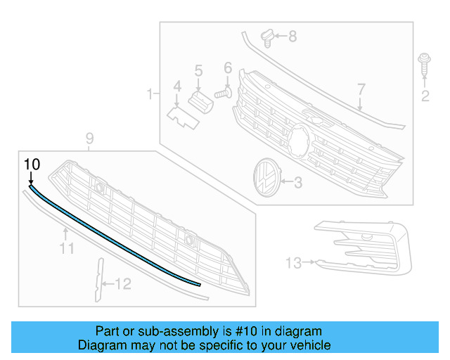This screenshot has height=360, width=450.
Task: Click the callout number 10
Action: (32, 164)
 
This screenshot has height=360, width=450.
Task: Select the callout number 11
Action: (66, 247)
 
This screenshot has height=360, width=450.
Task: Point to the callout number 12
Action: (123, 284)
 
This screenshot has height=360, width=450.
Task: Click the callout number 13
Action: (293, 263)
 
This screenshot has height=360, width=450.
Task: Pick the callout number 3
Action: (297, 183)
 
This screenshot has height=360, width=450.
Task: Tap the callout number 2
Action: (425, 96)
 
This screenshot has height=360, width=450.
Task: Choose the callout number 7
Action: (361, 89)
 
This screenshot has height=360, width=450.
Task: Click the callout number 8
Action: (292, 35)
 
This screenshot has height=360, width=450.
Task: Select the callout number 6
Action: (228, 68)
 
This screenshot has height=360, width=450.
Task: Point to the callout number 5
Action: (198, 70)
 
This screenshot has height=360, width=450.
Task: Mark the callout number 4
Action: (177, 86)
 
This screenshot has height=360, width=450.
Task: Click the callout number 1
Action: (149, 94)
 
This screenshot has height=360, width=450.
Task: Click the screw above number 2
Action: (424, 65)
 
